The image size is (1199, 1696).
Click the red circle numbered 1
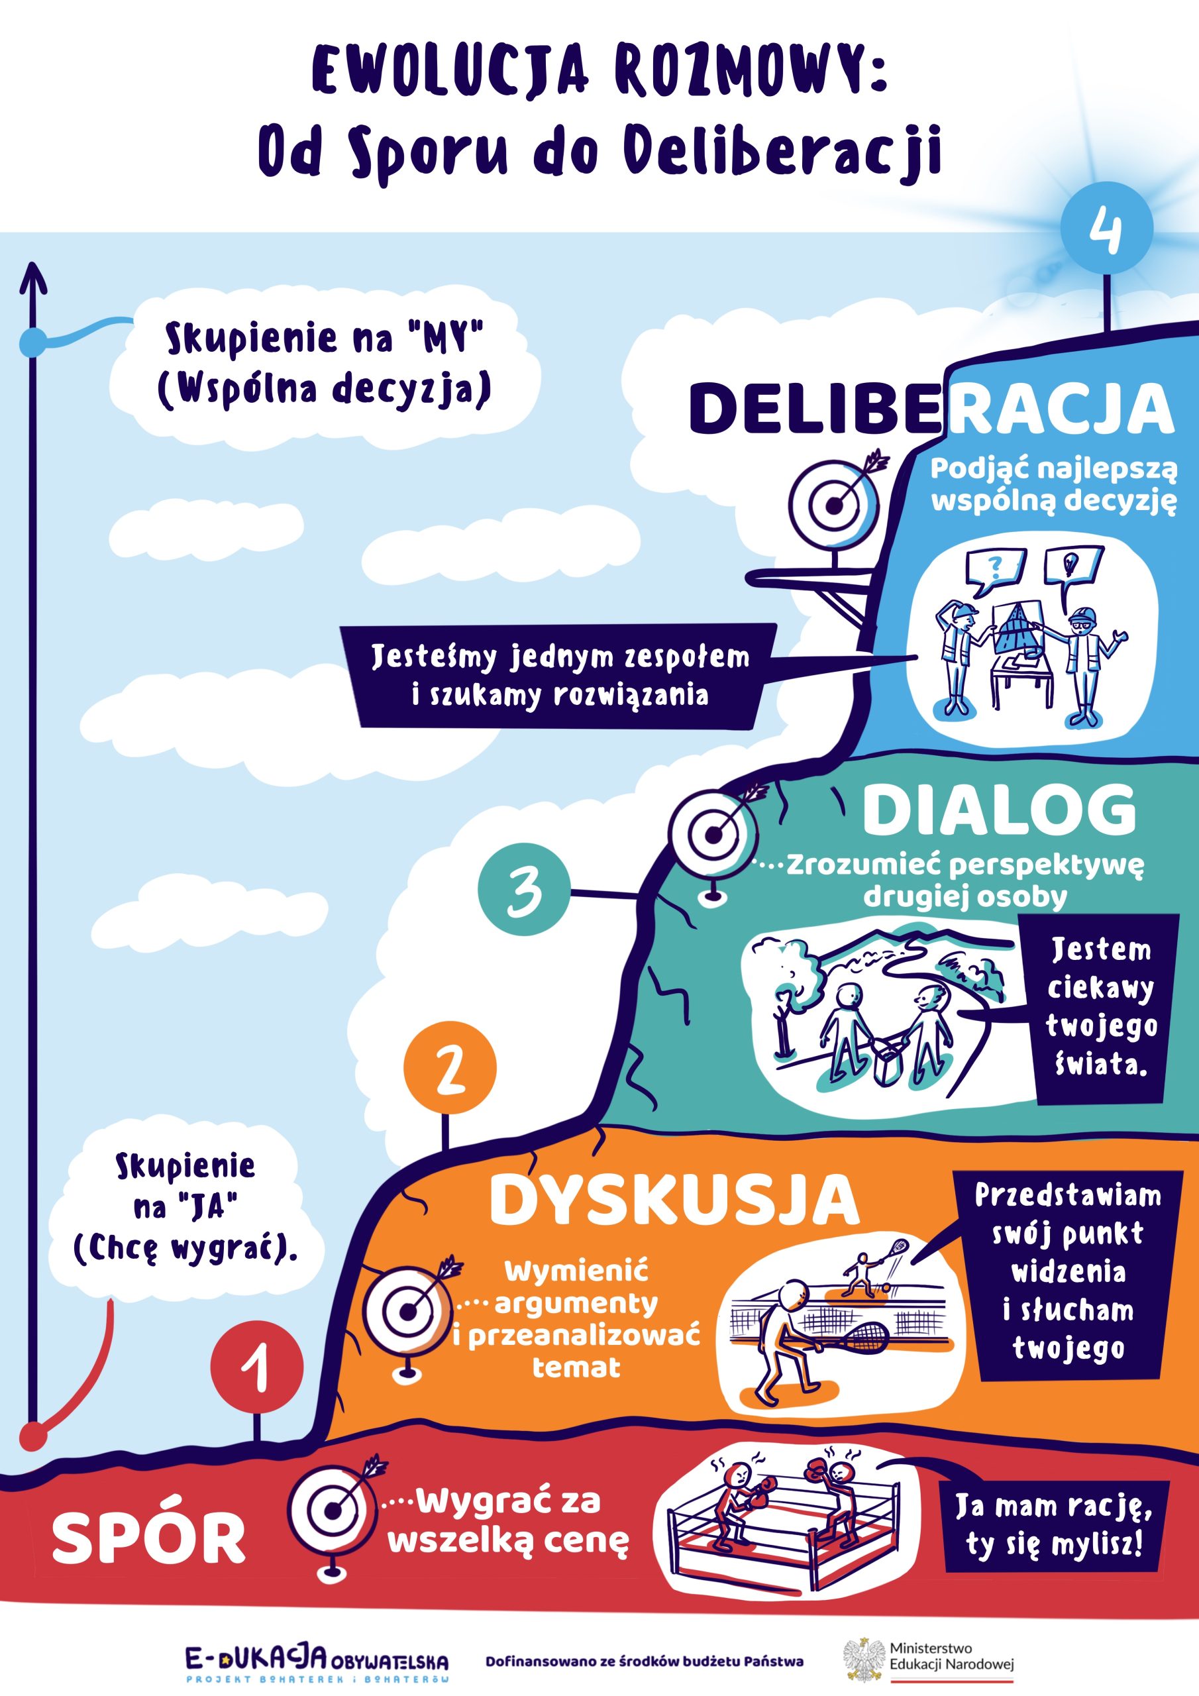tap(256, 1367)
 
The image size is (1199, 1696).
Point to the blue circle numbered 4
tap(1106, 229)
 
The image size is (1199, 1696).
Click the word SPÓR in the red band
tap(148, 1539)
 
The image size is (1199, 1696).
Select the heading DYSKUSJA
tap(674, 1202)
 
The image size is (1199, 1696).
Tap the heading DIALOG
tap(999, 810)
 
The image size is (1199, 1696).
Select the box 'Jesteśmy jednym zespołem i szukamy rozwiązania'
tap(560, 676)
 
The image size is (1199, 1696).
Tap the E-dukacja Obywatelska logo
tap(316, 1662)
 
